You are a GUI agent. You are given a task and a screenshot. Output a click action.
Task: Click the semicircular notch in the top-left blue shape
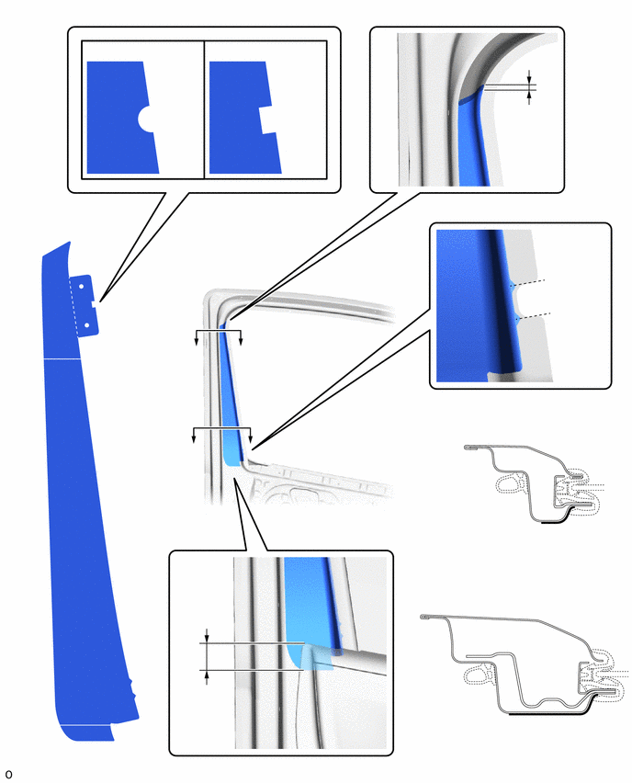(146, 119)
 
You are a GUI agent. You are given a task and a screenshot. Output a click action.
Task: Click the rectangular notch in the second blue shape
(267, 119)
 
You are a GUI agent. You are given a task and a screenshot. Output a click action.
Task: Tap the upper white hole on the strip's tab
(80, 287)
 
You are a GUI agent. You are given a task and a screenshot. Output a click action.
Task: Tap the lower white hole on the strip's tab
(87, 325)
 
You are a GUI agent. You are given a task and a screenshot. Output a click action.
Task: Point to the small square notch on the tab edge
(95, 303)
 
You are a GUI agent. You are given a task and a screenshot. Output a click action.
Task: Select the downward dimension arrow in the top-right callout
(529, 76)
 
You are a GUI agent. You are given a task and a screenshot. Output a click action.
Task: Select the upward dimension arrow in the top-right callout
(529, 97)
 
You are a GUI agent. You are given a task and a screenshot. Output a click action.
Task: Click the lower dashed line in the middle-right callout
(534, 315)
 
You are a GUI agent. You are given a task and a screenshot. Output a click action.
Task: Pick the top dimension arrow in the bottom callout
(207, 635)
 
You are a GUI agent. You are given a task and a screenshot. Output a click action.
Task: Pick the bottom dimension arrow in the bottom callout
(207, 677)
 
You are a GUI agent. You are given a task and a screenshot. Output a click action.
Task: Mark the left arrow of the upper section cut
(197, 337)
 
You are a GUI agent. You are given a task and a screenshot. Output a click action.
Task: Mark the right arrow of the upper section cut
(241, 337)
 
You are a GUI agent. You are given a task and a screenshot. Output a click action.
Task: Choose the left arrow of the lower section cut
(194, 436)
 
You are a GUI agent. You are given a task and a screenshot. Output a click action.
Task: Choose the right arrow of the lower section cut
(250, 436)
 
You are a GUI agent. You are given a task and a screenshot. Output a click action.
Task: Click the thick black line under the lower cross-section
(549, 713)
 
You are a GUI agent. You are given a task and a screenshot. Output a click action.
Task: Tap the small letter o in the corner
(8, 774)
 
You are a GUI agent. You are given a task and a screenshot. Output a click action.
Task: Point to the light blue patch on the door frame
(231, 447)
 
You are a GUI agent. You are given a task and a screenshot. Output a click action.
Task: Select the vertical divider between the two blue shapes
(204, 109)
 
